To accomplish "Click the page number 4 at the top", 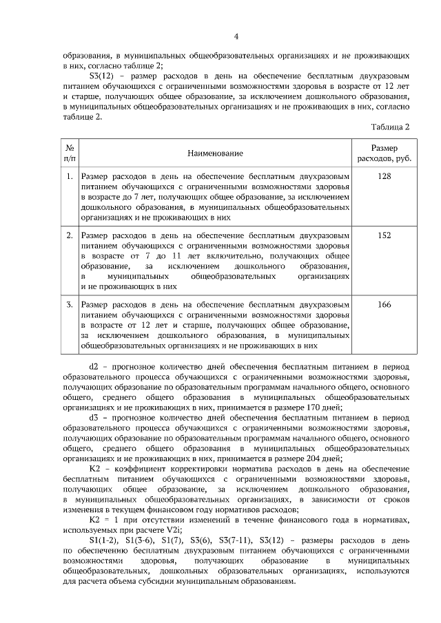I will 236,36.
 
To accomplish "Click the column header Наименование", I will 214,153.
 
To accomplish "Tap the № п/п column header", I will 69,153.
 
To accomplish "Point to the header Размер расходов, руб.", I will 384,153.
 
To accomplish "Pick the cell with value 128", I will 384,177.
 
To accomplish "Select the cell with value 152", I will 384,235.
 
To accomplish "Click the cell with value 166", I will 384,304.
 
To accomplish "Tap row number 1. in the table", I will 70,177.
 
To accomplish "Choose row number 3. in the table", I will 70,304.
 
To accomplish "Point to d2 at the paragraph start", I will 95,368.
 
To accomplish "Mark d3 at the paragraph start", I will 95,416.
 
